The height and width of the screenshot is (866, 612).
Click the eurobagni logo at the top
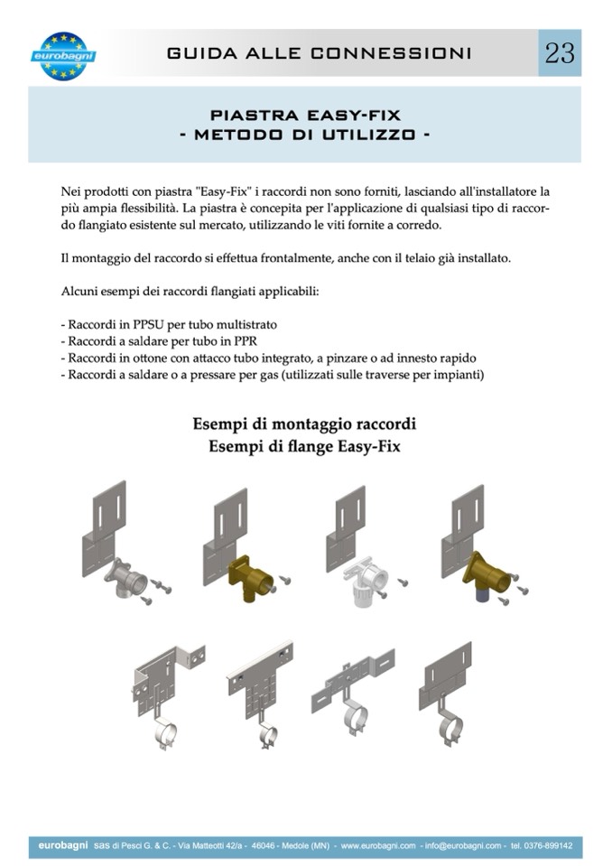tap(63, 56)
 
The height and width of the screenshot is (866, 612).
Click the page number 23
tap(560, 53)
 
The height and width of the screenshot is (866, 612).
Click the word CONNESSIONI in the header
tap(391, 53)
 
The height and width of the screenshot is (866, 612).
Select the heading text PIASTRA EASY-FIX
tap(305, 116)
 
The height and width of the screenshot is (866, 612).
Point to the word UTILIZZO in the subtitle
tap(368, 135)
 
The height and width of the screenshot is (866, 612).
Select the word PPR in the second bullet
tap(246, 341)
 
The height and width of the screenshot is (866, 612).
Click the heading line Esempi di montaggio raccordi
tap(304, 424)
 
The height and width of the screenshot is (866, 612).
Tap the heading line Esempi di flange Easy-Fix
tap(304, 446)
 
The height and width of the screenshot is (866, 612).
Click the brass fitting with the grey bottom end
tap(486, 576)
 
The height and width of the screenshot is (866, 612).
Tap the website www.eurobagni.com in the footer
tap(378, 845)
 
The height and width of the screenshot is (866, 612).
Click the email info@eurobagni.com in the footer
tap(463, 845)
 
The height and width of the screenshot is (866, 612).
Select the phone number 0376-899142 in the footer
tap(548, 845)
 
